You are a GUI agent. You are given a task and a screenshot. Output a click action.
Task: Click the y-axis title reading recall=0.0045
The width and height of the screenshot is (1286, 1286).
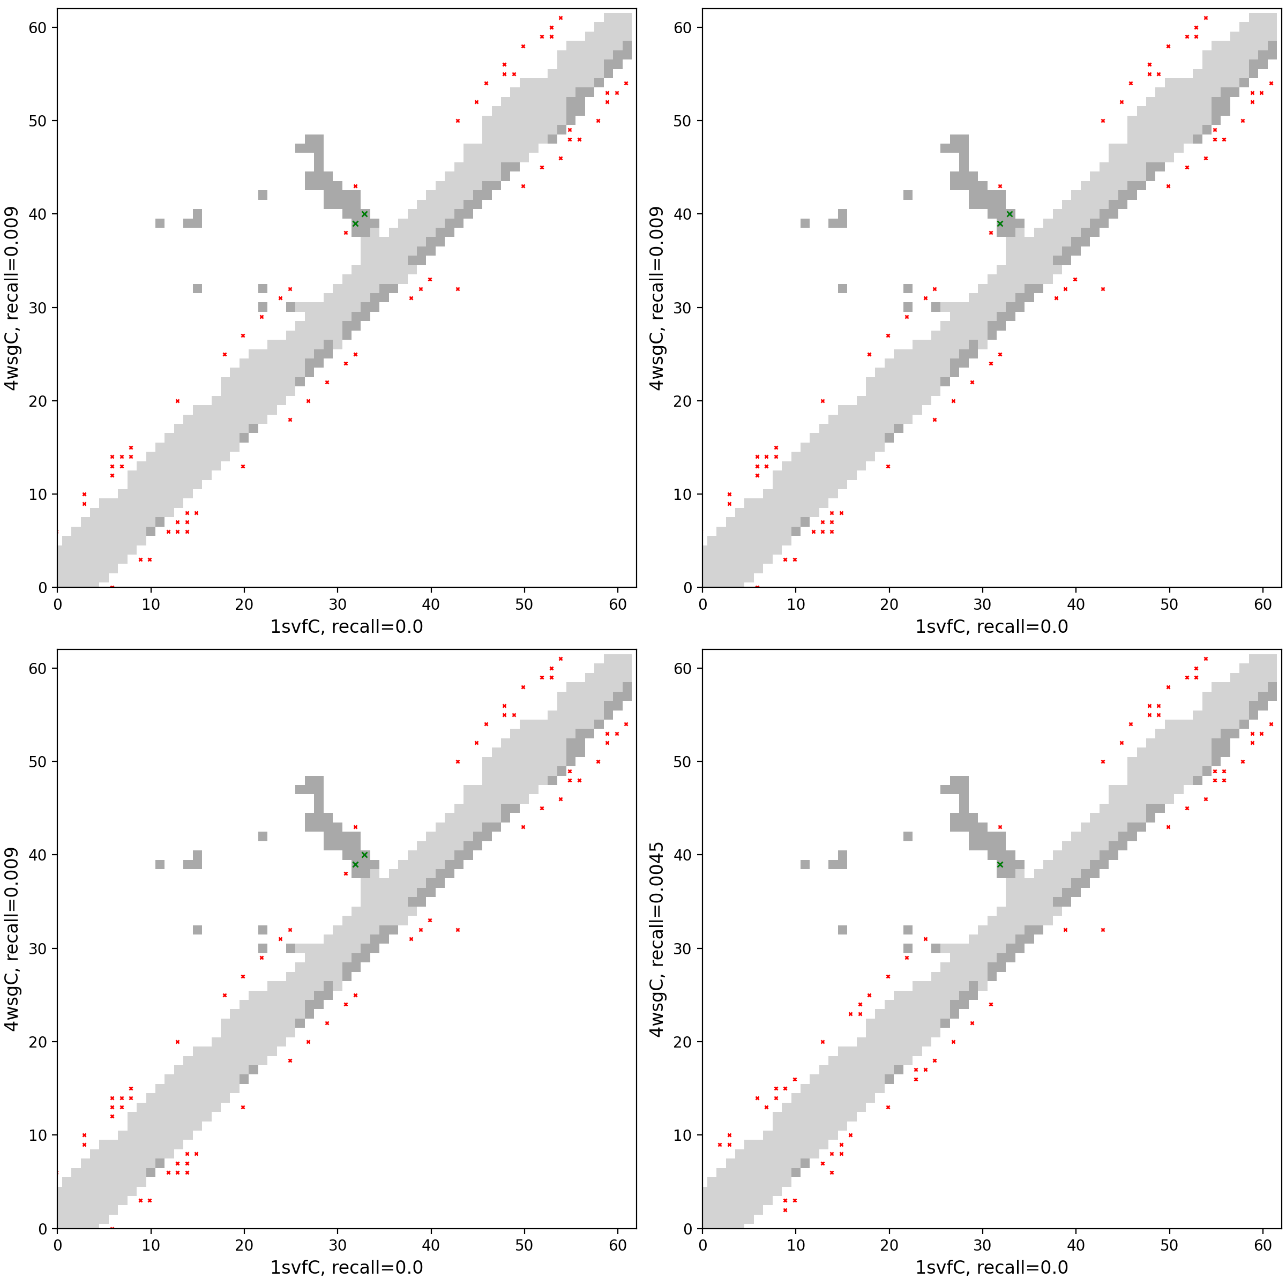coord(656,939)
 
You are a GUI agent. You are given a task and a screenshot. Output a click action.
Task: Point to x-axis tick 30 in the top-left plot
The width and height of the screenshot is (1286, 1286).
coord(338,604)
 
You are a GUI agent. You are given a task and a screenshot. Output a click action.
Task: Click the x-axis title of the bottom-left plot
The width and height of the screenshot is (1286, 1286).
coord(346,1267)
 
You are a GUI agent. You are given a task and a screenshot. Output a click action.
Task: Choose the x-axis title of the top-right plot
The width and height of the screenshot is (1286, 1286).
coord(991,626)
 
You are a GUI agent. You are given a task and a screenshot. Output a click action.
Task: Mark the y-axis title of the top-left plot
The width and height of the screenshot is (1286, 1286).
coord(12,298)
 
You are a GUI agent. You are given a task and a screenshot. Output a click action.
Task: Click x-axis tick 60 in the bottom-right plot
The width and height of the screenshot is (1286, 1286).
coord(1263,1245)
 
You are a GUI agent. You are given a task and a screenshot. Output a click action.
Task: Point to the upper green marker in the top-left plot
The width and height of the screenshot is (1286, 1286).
coord(364,214)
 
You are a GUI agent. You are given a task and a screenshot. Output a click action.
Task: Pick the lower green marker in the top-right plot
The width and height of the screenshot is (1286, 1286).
coord(1000,223)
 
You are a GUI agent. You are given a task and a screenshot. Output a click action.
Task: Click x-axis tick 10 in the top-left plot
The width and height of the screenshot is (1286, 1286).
coord(151,604)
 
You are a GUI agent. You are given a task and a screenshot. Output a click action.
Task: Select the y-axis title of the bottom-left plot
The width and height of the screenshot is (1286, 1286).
coord(12,939)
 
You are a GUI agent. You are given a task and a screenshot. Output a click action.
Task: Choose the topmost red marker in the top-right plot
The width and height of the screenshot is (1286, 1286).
coord(1206,18)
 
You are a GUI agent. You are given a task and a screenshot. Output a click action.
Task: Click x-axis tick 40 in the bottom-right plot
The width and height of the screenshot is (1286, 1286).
coord(1075,1245)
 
